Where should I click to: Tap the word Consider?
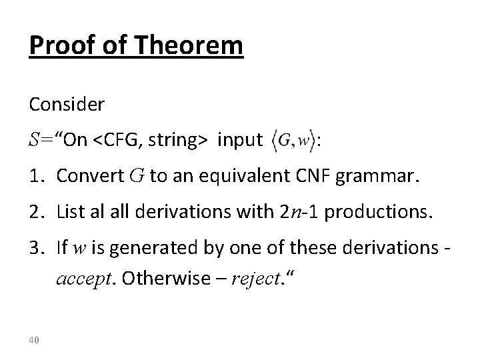pos(67,105)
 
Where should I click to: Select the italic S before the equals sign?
pos(35,141)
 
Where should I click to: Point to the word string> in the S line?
pos(176,141)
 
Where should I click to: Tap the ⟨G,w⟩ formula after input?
pos(293,141)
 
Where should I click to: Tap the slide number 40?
pos(35,341)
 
